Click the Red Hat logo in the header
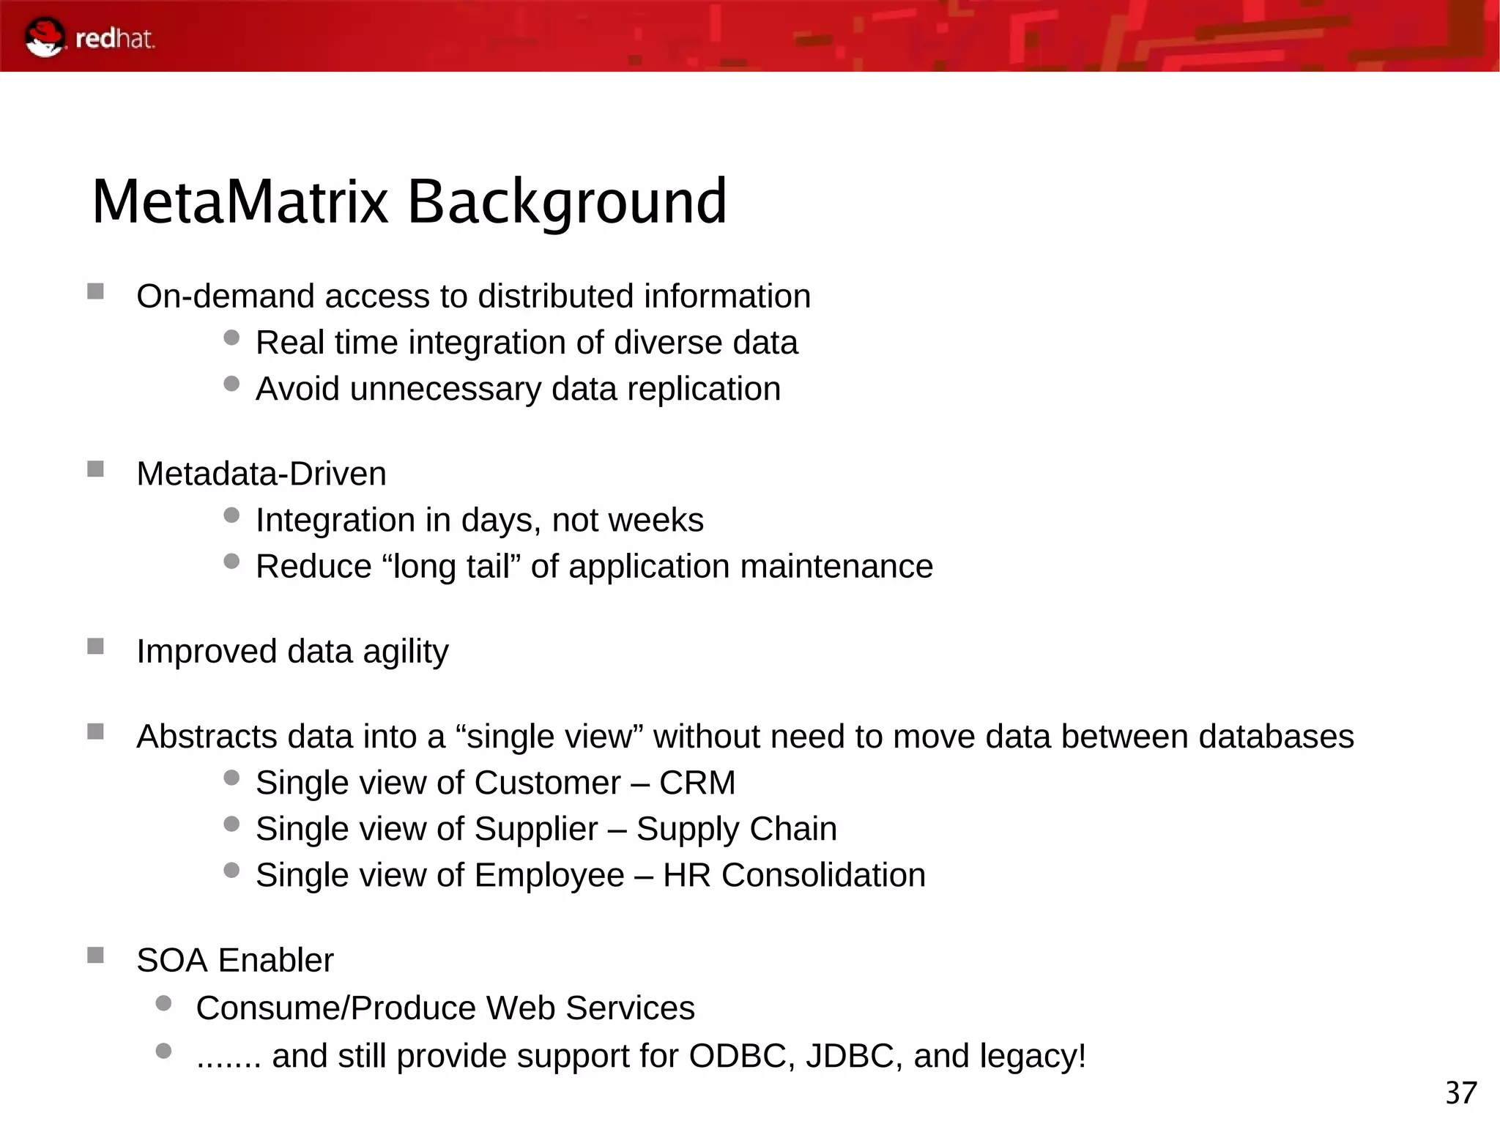89,37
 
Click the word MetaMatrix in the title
240,201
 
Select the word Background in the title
566,203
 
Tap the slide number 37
1460,1093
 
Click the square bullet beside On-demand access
95,291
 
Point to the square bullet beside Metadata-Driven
95,469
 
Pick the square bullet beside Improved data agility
95,646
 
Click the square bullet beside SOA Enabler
95,955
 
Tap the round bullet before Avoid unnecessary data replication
231,384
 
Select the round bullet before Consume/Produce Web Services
164,1002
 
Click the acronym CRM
697,783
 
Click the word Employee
549,876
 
